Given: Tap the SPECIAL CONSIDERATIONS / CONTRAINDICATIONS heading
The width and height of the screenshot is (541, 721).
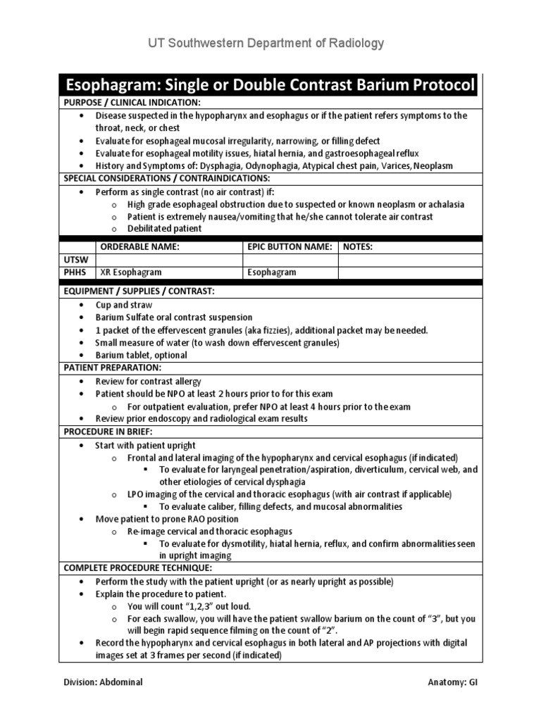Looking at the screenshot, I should pyautogui.click(x=166, y=179).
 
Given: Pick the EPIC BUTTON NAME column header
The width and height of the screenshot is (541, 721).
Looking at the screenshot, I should pyautogui.click(x=289, y=247).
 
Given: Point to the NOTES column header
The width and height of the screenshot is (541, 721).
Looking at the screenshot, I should pyautogui.click(x=358, y=247).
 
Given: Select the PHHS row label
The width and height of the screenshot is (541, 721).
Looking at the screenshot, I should pyautogui.click(x=75, y=272).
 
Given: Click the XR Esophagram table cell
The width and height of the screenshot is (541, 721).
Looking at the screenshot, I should pyautogui.click(x=131, y=272).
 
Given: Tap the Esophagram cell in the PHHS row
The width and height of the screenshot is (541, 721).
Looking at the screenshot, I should pyautogui.click(x=271, y=272).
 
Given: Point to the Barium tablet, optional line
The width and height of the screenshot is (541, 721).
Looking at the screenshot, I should pyautogui.click(x=141, y=356).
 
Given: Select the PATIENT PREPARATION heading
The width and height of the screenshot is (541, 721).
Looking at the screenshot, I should pyautogui.click(x=113, y=368).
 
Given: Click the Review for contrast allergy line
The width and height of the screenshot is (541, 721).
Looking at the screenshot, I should pyautogui.click(x=148, y=382).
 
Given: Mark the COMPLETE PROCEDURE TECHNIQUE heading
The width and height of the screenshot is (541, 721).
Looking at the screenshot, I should pyautogui.click(x=137, y=568).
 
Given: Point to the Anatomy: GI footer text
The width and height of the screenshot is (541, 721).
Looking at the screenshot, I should pyautogui.click(x=456, y=682).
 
